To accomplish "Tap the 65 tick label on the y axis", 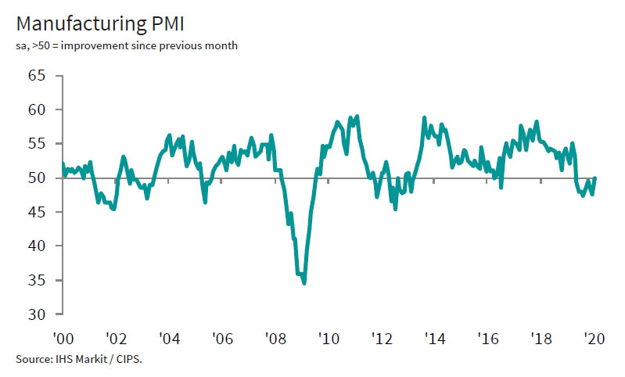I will (x=37, y=76).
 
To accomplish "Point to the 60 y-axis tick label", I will (x=37, y=110).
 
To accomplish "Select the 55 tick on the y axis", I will (x=37, y=144).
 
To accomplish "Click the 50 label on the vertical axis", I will (x=37, y=178).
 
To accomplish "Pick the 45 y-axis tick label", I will (x=37, y=212).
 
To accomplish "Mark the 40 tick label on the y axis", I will (x=37, y=246).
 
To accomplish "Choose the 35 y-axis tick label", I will (x=37, y=281).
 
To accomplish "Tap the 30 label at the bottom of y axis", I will (x=37, y=314).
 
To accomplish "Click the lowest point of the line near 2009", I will (x=304, y=283).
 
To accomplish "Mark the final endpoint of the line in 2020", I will (x=596, y=178).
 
